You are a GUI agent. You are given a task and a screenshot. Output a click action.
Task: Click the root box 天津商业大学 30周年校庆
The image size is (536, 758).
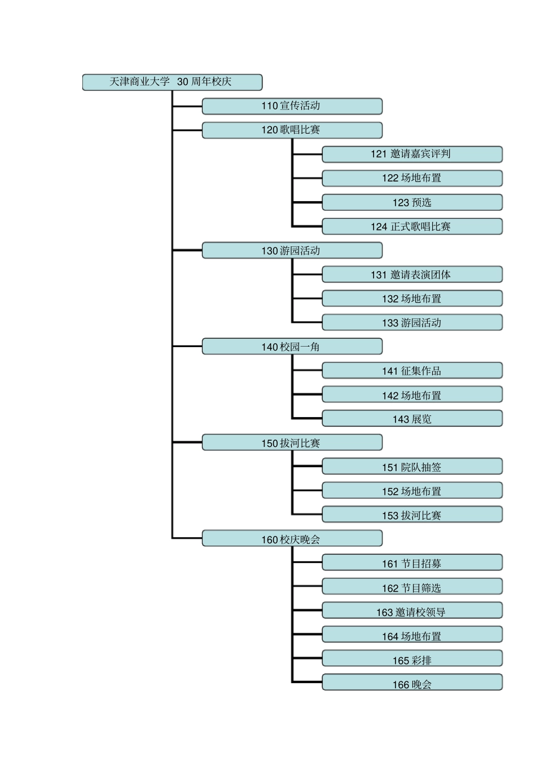172,82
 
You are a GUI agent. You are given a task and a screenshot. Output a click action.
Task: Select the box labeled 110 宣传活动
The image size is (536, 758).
292,106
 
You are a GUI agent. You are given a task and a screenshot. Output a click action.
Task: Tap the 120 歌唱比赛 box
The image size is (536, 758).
292,130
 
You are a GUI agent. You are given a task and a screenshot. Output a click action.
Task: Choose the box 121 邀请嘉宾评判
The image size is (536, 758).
412,154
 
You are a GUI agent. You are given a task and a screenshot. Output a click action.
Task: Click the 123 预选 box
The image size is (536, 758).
412,202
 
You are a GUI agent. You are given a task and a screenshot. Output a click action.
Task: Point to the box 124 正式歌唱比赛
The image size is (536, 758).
412,227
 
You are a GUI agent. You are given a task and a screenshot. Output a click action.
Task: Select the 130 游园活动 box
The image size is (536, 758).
292,251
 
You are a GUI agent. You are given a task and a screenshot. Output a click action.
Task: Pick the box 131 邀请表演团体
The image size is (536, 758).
412,274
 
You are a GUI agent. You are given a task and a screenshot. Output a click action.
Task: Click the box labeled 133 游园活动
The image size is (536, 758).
412,322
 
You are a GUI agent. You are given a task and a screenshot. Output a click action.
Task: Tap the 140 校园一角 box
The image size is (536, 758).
292,347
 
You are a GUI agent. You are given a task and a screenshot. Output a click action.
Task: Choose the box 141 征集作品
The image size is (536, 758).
412,370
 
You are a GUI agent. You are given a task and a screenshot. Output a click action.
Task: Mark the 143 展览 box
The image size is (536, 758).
412,419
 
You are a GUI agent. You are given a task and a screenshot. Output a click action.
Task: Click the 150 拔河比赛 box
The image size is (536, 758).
292,443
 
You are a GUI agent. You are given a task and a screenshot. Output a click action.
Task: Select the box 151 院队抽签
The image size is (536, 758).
412,467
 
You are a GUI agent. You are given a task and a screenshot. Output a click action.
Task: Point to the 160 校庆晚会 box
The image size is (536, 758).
292,539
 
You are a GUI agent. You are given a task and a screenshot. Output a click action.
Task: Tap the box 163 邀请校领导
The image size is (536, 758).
412,611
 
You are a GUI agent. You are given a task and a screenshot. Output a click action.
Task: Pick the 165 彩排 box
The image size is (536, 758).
412,660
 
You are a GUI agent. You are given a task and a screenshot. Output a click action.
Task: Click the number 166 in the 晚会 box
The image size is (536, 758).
401,685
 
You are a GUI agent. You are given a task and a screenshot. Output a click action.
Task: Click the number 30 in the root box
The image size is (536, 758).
183,82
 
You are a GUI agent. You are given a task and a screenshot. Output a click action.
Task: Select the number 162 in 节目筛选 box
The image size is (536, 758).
390,588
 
